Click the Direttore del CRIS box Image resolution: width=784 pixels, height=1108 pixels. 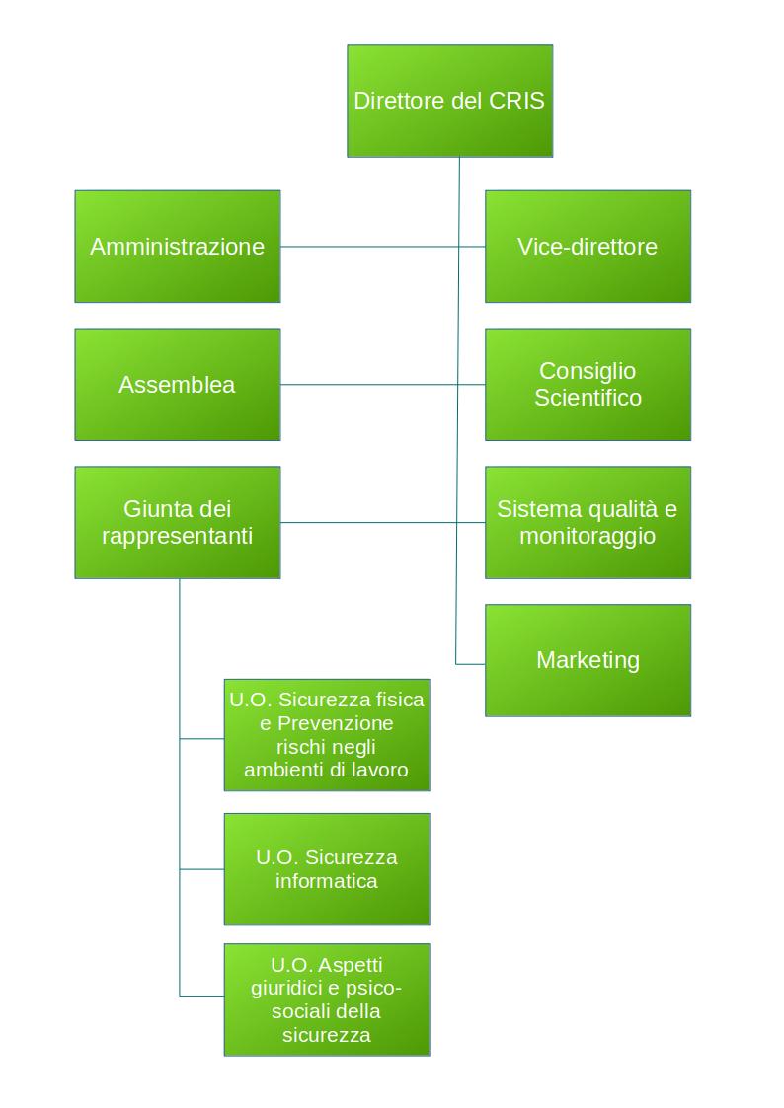point(449,101)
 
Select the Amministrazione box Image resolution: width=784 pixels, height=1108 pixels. point(178,247)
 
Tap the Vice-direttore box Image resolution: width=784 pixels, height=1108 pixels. point(588,247)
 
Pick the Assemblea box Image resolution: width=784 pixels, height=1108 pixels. point(178,385)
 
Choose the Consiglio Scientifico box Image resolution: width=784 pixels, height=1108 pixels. point(588,385)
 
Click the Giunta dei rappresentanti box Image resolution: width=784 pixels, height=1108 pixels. point(178,523)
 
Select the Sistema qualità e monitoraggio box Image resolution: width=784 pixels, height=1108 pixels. point(588,523)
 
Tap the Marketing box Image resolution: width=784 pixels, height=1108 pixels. point(588,660)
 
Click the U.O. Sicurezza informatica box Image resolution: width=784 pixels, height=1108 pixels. point(327,869)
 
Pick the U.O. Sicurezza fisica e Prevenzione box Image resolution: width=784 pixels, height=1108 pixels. point(327,735)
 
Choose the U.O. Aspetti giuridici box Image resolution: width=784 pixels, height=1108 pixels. point(327,999)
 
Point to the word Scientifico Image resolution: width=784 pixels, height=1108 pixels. point(588,398)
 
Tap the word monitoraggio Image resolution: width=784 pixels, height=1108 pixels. point(588,536)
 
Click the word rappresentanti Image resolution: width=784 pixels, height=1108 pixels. point(178,536)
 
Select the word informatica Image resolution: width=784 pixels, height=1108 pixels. point(327,881)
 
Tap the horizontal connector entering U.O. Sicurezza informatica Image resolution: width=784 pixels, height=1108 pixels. point(201,869)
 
